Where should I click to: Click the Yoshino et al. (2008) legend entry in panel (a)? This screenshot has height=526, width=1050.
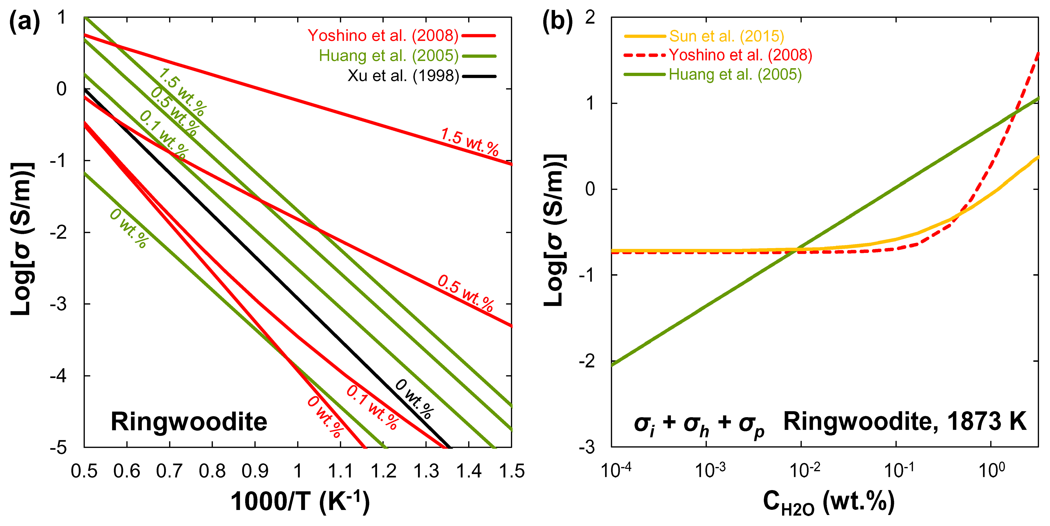383,36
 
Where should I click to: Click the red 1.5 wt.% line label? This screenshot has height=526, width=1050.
469,142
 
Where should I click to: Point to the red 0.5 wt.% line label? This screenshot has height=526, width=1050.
465,293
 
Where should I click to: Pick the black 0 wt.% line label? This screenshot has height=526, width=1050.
414,398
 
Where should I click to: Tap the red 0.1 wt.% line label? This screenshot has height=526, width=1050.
372,407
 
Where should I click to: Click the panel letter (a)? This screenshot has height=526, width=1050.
24,21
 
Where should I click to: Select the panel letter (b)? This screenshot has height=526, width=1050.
557,21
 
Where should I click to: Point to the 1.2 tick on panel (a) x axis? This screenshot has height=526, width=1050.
383,471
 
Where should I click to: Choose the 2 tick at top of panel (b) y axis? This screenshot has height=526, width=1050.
590,18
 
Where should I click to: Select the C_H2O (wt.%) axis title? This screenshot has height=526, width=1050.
829,502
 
